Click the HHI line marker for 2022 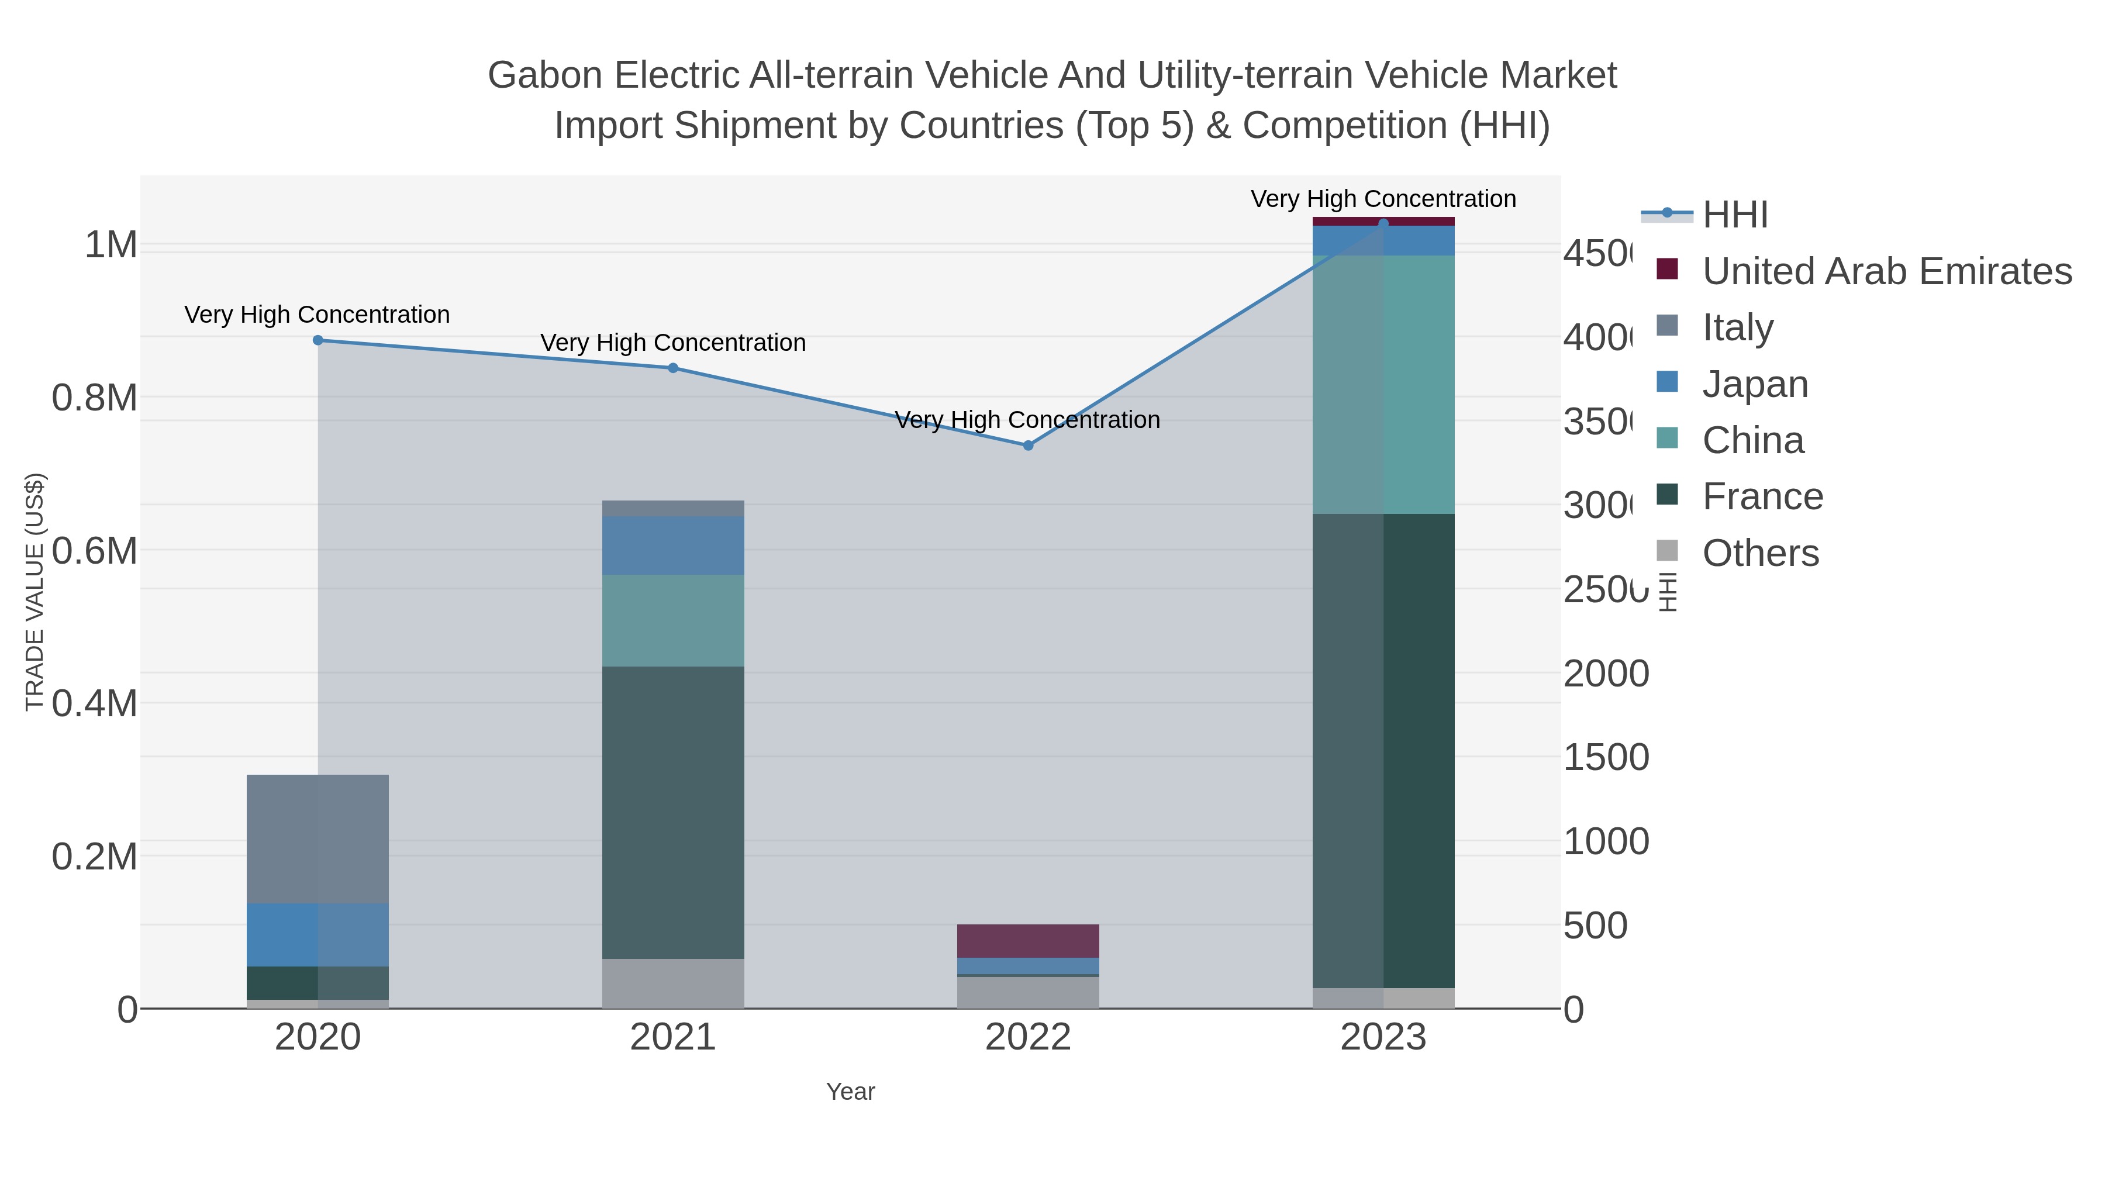1028,446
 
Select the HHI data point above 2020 318,340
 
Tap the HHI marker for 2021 672,368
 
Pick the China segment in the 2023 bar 1383,384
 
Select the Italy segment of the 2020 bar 318,838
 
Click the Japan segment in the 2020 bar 318,935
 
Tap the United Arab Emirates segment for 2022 1028,941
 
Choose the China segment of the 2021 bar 672,620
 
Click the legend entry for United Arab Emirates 1886,271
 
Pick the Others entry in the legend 1760,553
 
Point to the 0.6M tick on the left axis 94,551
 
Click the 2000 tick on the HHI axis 1606,674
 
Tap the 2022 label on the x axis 1028,1037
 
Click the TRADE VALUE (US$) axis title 34,592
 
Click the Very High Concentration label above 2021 672,343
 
